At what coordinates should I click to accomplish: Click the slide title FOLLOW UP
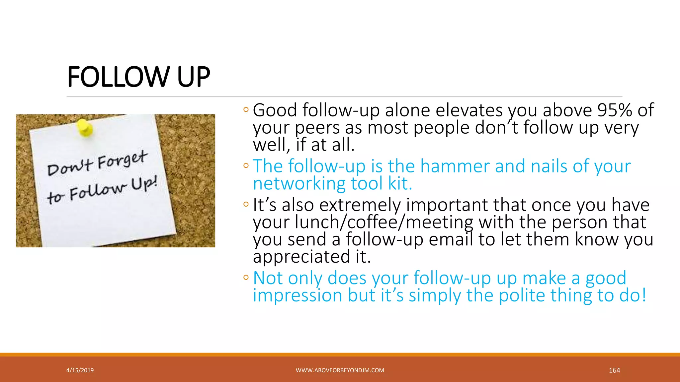(138, 77)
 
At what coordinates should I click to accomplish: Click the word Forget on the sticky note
(122, 160)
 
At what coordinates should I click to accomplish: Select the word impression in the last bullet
(297, 295)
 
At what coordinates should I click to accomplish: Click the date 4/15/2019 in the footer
(80, 370)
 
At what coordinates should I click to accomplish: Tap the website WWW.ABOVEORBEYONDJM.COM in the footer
(340, 370)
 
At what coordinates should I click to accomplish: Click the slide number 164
(614, 370)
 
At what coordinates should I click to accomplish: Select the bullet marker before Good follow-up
(246, 109)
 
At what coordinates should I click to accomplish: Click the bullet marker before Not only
(246, 277)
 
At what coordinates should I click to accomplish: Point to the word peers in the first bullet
(317, 128)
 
